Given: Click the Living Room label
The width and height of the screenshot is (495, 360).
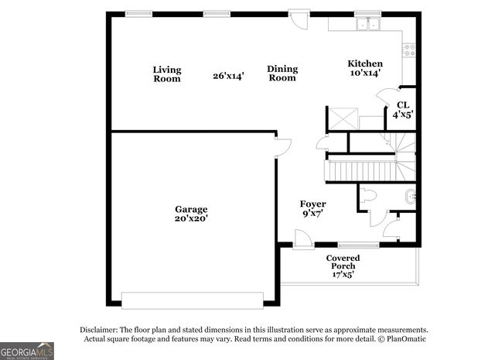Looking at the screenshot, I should (x=166, y=74).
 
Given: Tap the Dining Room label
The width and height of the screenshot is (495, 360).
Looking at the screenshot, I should (x=282, y=74).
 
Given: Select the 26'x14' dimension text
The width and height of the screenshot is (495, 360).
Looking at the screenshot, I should (x=228, y=76).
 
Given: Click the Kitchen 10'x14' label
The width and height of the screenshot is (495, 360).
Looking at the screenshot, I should (x=364, y=68).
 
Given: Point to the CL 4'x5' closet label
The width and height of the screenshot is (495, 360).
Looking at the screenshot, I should (x=402, y=109).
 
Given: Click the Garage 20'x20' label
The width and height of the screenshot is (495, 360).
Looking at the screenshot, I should (x=190, y=214).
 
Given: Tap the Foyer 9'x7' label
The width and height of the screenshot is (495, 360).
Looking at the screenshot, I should (x=312, y=208).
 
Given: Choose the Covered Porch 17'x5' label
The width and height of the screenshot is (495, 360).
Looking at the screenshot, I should (x=341, y=266).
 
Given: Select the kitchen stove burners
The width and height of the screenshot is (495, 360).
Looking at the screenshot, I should (x=409, y=51).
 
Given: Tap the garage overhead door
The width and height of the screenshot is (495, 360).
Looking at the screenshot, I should (x=193, y=298).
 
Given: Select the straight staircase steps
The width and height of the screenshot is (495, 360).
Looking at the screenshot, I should (x=360, y=170).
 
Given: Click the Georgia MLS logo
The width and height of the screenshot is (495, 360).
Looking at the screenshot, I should (x=27, y=351).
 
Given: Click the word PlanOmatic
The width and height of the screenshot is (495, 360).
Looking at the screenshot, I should (x=405, y=339).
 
